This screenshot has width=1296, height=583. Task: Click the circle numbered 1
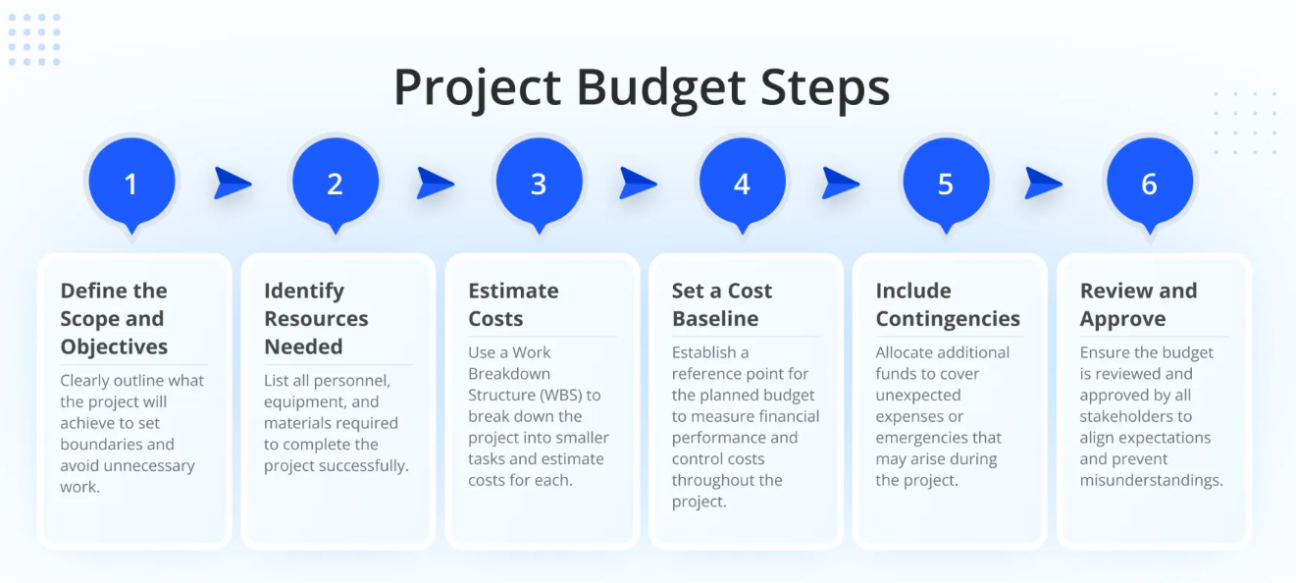click(131, 183)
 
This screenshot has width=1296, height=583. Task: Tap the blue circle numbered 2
click(335, 183)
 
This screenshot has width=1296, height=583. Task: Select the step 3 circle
click(539, 183)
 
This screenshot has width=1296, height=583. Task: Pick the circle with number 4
click(742, 183)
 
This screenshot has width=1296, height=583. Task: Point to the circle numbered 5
click(946, 183)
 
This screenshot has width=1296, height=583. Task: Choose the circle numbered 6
click(1149, 183)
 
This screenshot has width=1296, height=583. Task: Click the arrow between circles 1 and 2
click(233, 183)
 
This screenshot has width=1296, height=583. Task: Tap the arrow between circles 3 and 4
click(639, 183)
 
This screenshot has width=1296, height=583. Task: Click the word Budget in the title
click(660, 88)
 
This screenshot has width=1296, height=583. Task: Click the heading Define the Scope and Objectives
click(114, 318)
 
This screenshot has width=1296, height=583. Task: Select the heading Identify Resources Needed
click(316, 318)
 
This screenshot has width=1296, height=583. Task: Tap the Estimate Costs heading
click(513, 304)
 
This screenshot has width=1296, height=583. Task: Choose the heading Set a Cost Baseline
click(722, 304)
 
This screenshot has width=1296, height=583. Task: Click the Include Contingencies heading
click(948, 304)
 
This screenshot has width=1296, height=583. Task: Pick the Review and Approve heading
click(1138, 304)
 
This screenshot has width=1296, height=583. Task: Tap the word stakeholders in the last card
click(1136, 416)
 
